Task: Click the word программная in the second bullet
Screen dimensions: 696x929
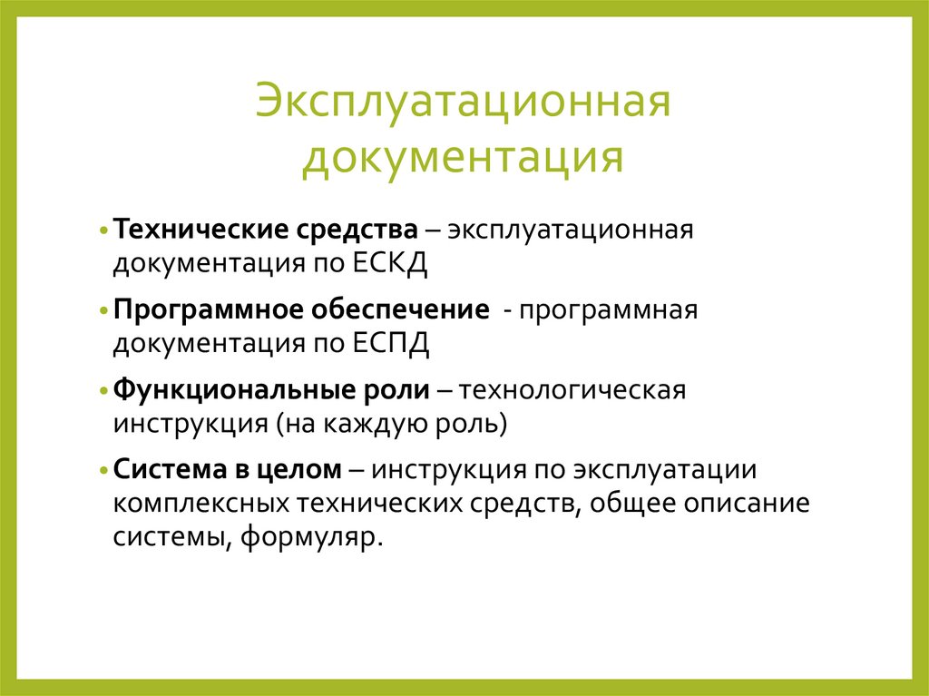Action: click(x=607, y=310)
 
